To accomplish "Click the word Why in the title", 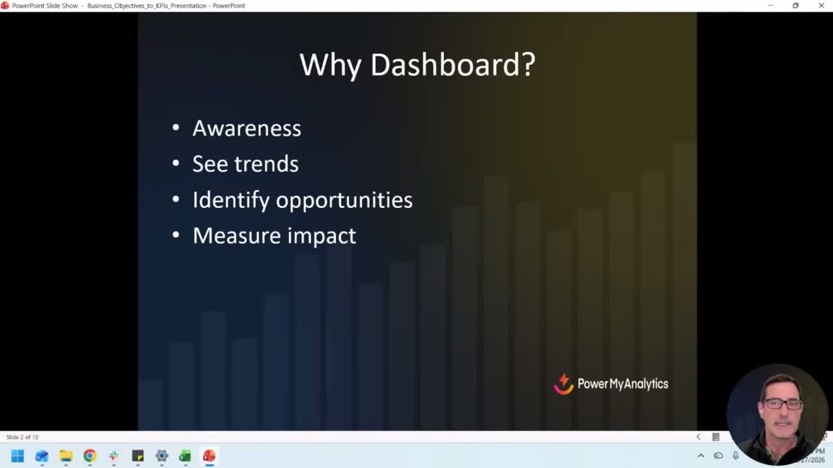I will click(330, 65).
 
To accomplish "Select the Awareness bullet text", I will click(247, 128).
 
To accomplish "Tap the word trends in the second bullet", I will click(267, 164).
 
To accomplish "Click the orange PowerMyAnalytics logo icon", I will click(564, 383).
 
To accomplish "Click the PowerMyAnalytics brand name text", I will click(623, 384).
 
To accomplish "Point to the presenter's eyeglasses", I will click(782, 404).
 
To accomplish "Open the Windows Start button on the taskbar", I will click(18, 456).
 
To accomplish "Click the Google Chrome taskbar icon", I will click(90, 456).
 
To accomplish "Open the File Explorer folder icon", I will click(66, 456).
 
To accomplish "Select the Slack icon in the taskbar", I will click(114, 456).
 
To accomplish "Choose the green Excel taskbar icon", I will click(185, 456).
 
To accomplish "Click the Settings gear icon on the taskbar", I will click(161, 456).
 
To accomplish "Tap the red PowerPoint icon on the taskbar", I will click(209, 456).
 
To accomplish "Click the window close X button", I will click(821, 6).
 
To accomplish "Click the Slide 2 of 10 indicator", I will click(23, 437).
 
